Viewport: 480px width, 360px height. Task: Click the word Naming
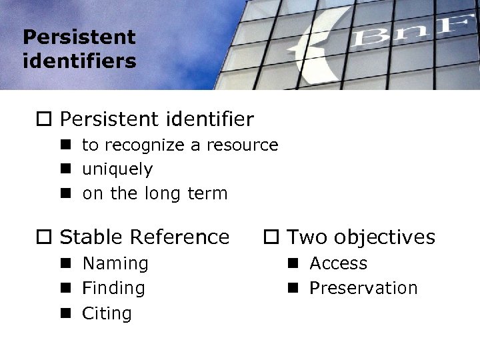(115, 263)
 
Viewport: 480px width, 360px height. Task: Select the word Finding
(113, 288)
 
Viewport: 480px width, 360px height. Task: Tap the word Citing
(107, 313)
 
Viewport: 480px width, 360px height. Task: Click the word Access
(338, 263)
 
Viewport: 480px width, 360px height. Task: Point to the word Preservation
(363, 288)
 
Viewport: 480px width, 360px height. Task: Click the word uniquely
(117, 169)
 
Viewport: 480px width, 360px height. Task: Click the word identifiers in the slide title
(79, 61)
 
